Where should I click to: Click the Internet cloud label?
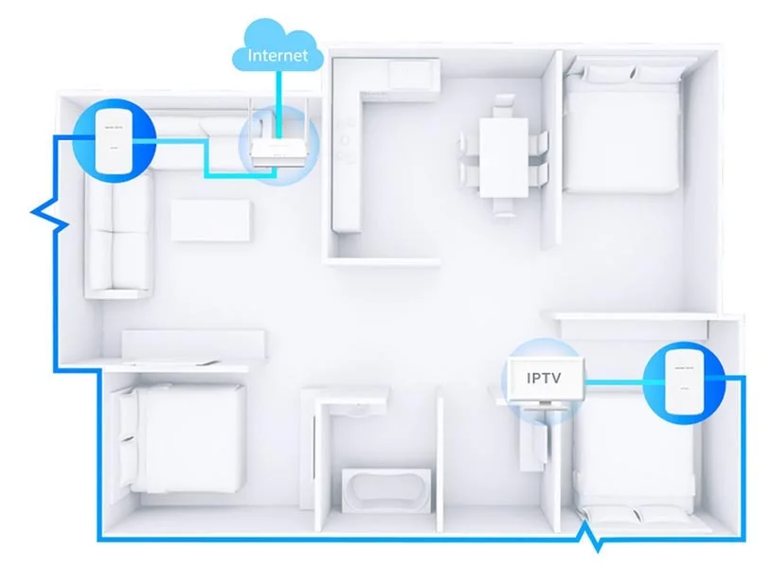click(x=278, y=55)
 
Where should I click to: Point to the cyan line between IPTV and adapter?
click(x=614, y=381)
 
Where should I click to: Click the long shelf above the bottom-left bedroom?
click(x=193, y=342)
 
